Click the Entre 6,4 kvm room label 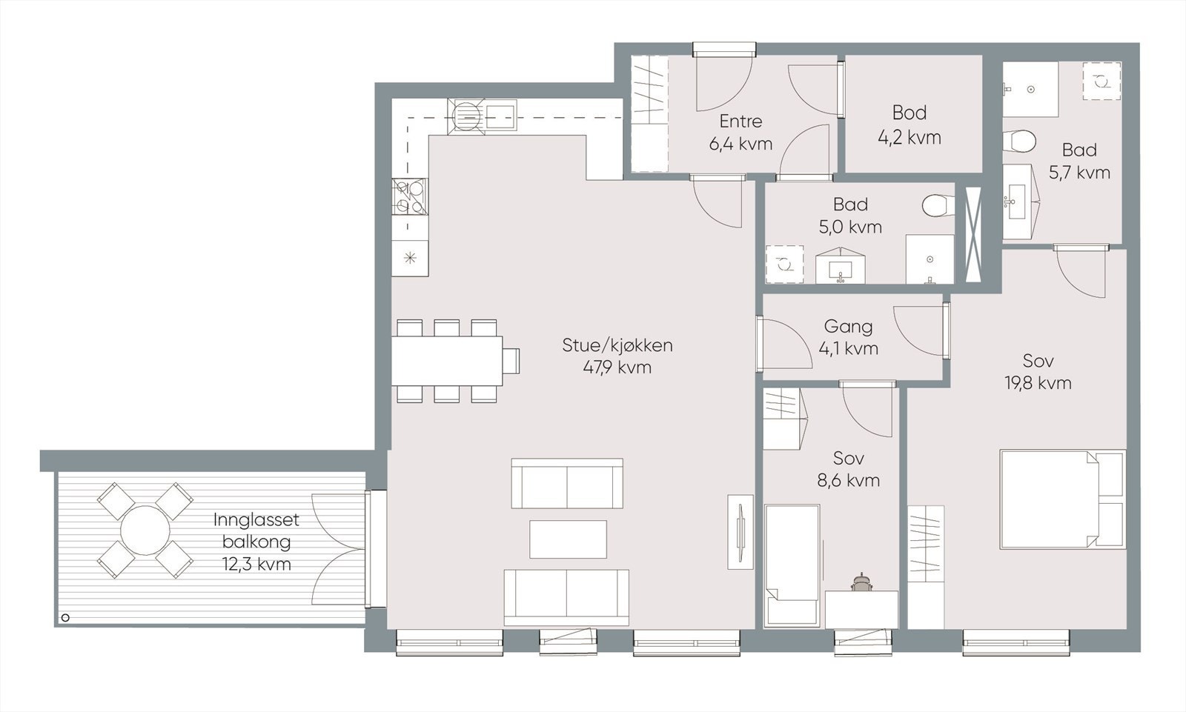pyautogui.click(x=741, y=133)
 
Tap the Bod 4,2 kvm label pyautogui.click(x=910, y=125)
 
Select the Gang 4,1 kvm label pyautogui.click(x=848, y=337)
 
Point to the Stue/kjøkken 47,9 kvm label pyautogui.click(x=617, y=356)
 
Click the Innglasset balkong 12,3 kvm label pyautogui.click(x=256, y=542)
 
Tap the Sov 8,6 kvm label pyautogui.click(x=849, y=469)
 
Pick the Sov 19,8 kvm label pyautogui.click(x=1038, y=372)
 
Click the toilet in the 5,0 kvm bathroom pyautogui.click(x=938, y=206)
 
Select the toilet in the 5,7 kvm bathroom pyautogui.click(x=1019, y=142)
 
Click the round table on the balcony pyautogui.click(x=145, y=530)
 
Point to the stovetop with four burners pyautogui.click(x=410, y=197)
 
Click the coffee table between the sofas pyautogui.click(x=568, y=539)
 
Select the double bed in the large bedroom pyautogui.click(x=1063, y=499)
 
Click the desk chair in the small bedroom pyautogui.click(x=861, y=582)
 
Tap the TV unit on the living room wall pyautogui.click(x=741, y=532)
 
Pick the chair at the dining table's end pyautogui.click(x=511, y=361)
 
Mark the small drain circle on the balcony pyautogui.click(x=66, y=617)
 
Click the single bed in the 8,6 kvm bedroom pyautogui.click(x=792, y=565)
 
